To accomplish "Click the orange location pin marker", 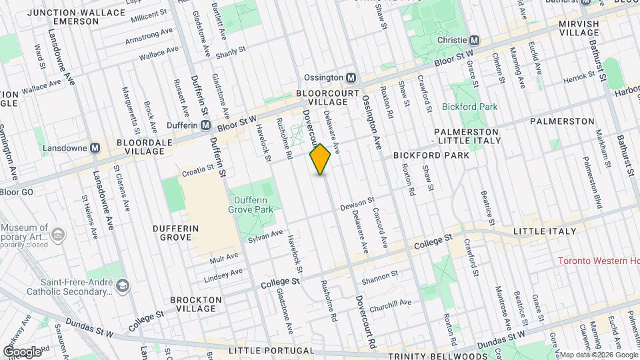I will (321, 159).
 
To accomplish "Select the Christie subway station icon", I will (475, 40).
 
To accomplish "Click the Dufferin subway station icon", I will (206, 125).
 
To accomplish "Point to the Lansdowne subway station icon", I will (95, 147).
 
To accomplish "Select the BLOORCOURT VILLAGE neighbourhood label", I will (323, 97).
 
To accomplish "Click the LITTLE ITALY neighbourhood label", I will (545, 231).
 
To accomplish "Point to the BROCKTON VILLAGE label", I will (197, 304).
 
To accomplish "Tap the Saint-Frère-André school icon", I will (122, 286).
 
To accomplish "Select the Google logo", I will (22, 351).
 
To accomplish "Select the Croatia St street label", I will (197, 171).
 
